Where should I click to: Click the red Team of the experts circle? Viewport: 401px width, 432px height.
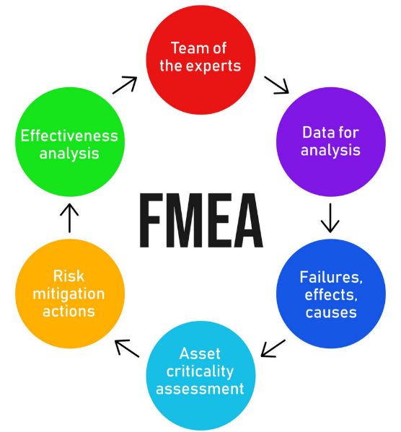(x=200, y=60)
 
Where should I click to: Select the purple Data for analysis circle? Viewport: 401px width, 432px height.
(x=331, y=142)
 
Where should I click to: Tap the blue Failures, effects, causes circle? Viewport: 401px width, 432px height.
(x=331, y=294)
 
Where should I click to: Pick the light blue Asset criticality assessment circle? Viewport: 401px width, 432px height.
(x=200, y=376)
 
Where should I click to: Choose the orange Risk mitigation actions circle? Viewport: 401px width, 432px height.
(x=70, y=294)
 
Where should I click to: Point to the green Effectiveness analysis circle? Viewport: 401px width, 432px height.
(x=70, y=142)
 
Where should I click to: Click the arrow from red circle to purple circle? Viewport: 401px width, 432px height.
(x=276, y=85)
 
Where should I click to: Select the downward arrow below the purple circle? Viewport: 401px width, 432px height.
(x=330, y=219)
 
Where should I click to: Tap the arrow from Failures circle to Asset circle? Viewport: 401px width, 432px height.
(x=273, y=348)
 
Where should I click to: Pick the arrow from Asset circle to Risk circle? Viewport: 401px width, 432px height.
(x=127, y=348)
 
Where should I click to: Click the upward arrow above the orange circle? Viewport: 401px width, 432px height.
(x=69, y=219)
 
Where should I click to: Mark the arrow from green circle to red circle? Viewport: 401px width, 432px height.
(x=125, y=85)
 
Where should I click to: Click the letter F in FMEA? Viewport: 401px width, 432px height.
(x=150, y=220)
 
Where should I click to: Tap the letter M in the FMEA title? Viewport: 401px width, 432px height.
(x=183, y=220)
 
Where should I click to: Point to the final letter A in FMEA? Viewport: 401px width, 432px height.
(x=249, y=220)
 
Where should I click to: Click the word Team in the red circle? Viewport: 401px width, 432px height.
(x=188, y=48)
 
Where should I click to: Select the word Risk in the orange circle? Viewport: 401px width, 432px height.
(x=69, y=276)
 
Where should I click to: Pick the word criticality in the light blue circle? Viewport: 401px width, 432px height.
(x=200, y=371)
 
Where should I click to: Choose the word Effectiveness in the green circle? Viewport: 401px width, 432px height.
(x=69, y=136)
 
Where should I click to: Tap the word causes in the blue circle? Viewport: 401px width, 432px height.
(x=331, y=313)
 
